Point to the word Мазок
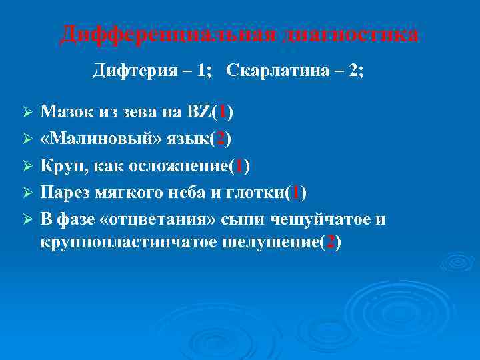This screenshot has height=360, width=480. (x=67, y=113)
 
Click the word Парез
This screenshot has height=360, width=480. (x=65, y=193)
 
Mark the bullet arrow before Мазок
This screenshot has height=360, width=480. (x=27, y=114)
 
